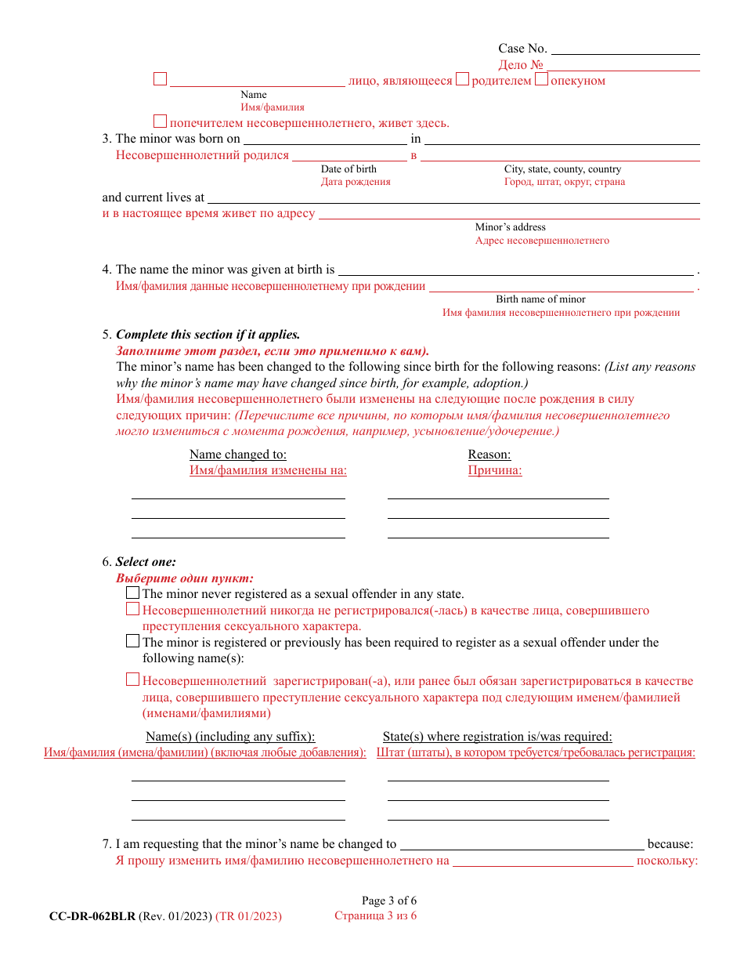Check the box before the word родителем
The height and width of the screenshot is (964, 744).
[x=463, y=79]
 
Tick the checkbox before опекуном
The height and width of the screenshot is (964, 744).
[x=541, y=79]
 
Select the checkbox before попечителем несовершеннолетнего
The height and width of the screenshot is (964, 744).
[x=160, y=121]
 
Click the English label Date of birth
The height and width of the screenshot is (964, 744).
[x=349, y=169]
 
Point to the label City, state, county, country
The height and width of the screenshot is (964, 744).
[x=562, y=169]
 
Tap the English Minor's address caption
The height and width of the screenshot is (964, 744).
[x=510, y=227]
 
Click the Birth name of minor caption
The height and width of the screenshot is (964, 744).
[x=540, y=299]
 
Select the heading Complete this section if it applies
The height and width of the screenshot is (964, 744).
[x=208, y=334]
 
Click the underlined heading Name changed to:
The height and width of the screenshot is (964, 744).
[x=238, y=455]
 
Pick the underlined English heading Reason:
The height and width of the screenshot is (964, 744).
[x=489, y=455]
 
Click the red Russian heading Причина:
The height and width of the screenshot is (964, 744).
[x=495, y=470]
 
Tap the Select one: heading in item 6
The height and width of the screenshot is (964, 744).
[x=146, y=561]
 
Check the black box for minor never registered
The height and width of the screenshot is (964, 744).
[x=133, y=593]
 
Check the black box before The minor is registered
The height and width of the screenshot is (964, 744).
[x=133, y=641]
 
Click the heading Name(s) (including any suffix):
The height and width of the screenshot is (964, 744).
[x=230, y=737]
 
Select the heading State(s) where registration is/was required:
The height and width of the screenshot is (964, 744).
[x=497, y=737]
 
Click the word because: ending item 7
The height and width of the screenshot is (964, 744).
[x=670, y=844]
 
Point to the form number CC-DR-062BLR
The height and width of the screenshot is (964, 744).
[x=92, y=916]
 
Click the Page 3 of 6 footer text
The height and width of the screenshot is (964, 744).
[x=389, y=901]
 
